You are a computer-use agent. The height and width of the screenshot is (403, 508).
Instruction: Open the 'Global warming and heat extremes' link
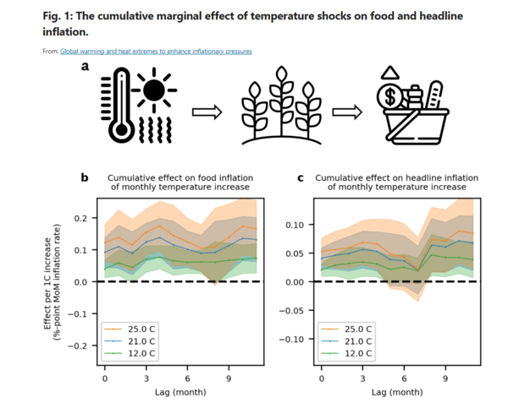click(156, 52)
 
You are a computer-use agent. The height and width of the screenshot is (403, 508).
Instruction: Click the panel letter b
click(85, 178)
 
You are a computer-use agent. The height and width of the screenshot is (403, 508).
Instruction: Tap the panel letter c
click(301, 178)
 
